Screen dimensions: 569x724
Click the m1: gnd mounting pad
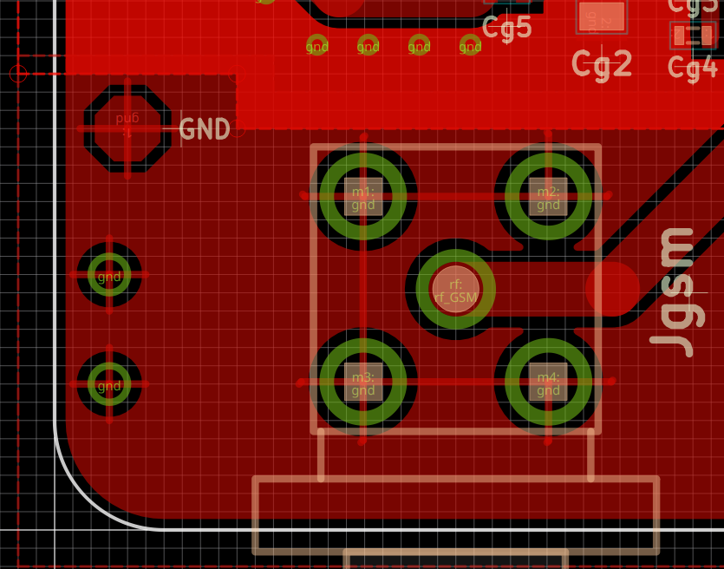tap(363, 197)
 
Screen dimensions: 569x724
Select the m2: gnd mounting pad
tap(548, 197)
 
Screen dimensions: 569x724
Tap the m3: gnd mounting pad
tap(363, 382)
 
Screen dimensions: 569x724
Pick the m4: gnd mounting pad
tap(548, 382)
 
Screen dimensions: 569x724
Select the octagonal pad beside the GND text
tap(127, 128)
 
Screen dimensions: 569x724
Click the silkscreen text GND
tap(205, 129)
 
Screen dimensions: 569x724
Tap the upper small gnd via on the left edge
tap(109, 275)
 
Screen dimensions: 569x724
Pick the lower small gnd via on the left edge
tap(109, 384)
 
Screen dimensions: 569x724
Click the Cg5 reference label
tap(507, 29)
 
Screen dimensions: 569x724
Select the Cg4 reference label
tap(693, 67)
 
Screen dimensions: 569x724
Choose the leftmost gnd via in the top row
tap(317, 45)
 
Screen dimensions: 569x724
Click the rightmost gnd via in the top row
tap(470, 45)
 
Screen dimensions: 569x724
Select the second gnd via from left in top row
tap(369, 45)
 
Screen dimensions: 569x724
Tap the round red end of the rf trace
tap(612, 289)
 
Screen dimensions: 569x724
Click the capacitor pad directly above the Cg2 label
tap(602, 16)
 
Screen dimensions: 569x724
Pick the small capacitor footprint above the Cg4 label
tap(693, 36)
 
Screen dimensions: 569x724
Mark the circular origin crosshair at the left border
tap(18, 74)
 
